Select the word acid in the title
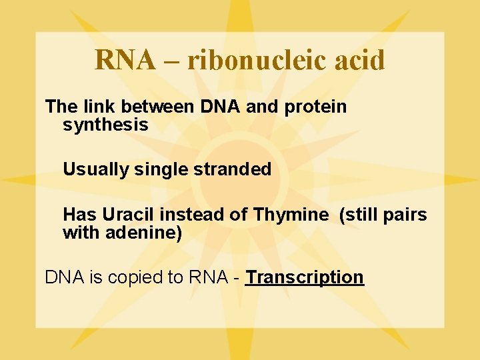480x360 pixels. (x=361, y=60)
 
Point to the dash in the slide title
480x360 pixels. (x=171, y=61)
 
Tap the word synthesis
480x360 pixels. (x=105, y=125)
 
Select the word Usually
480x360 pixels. (x=95, y=169)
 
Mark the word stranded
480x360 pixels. (x=233, y=169)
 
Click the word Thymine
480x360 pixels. (x=291, y=215)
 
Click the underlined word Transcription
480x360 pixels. (x=305, y=277)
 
